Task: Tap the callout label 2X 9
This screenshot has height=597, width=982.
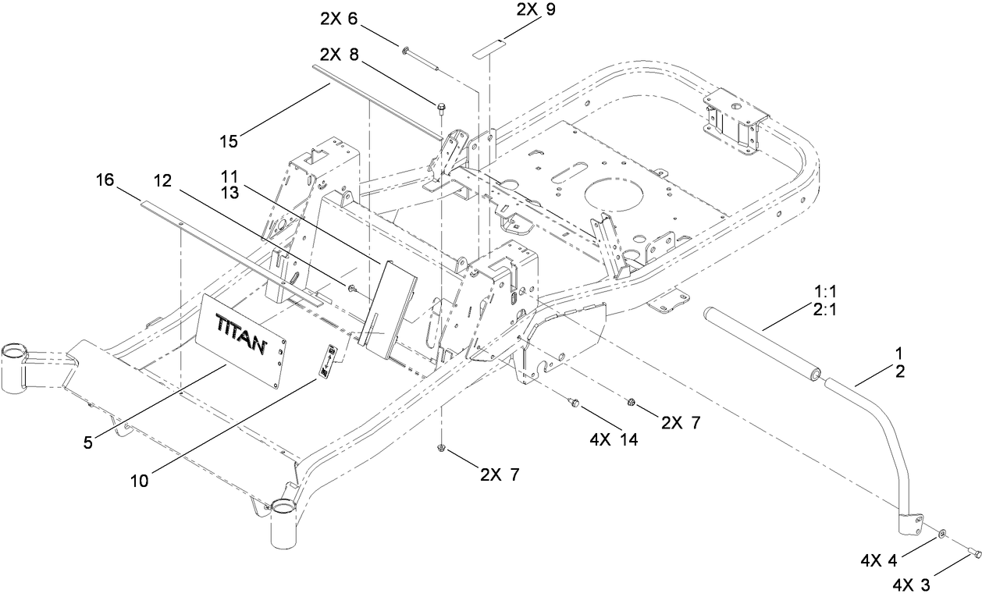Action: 536,11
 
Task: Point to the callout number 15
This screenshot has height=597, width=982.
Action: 229,141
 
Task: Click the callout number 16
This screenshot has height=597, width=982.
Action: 105,180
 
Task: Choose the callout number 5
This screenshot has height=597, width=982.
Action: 88,442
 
